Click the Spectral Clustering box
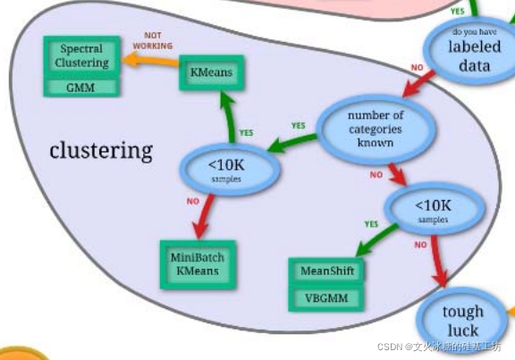click(81, 55)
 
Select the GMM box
click(81, 88)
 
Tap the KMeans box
click(212, 72)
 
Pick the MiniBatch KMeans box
click(198, 264)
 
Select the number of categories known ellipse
click(376, 129)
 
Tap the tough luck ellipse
click(462, 321)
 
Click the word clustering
click(101, 150)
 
